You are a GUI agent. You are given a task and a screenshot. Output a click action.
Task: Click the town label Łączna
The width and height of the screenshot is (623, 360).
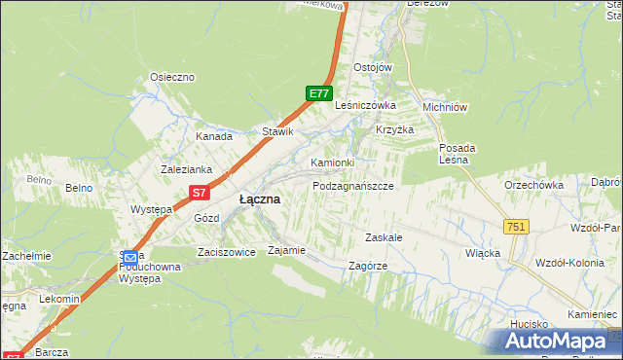click(x=259, y=198)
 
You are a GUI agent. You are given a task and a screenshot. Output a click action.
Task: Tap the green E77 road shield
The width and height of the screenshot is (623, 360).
click(x=318, y=93)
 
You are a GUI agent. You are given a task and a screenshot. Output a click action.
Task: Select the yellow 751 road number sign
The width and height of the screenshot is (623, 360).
click(x=516, y=227)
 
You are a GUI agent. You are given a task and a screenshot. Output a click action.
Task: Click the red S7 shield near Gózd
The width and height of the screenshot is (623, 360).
click(x=200, y=194)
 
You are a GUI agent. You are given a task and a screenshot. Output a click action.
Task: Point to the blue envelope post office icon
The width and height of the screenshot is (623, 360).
click(x=129, y=257)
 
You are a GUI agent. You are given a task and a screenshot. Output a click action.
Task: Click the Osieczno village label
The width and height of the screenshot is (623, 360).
click(x=172, y=77)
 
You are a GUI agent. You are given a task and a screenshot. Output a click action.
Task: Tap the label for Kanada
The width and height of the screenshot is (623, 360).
click(x=213, y=137)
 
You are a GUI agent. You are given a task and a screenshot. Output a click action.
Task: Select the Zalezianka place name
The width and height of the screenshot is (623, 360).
click(x=186, y=169)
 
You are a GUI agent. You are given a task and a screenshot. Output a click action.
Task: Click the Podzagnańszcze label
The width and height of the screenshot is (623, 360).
click(x=352, y=185)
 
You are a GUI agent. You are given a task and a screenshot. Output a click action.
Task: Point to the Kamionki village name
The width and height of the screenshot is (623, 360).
click(x=333, y=162)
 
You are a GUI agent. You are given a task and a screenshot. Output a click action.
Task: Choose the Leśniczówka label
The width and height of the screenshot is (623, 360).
click(x=364, y=105)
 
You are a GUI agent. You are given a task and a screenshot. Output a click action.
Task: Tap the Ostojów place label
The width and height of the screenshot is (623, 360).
click(x=373, y=67)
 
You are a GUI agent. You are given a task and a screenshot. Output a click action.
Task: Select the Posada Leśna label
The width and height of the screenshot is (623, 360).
click(x=456, y=154)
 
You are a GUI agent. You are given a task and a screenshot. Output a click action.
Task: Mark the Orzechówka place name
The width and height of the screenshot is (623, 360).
click(x=533, y=185)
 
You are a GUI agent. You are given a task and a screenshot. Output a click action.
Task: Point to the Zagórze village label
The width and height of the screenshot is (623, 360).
click(x=367, y=266)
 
